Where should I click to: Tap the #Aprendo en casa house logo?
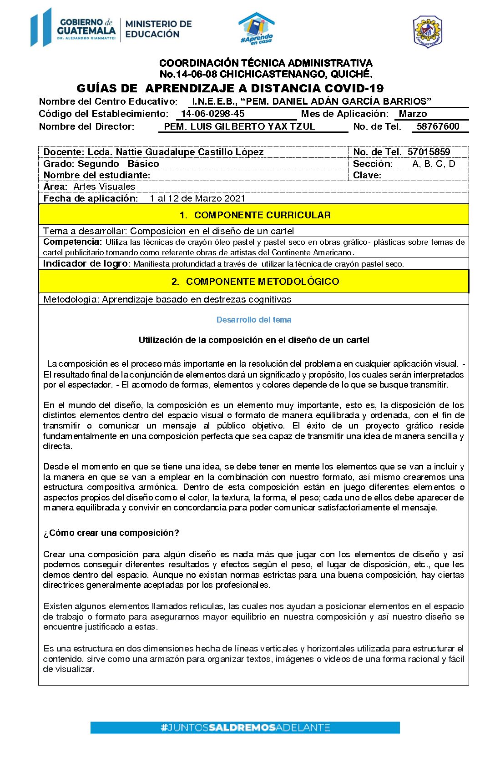257,29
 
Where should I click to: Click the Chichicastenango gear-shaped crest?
427,31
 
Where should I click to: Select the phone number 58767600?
438,126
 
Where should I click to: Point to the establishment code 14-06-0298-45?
212,114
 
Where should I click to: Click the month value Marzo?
413,114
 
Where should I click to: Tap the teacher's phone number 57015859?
429,152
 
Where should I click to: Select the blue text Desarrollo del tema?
254,320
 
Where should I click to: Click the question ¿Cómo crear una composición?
111,533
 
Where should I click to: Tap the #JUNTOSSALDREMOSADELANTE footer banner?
245,727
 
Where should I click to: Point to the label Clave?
367,175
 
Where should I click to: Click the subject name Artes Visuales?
104,187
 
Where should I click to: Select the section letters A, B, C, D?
433,164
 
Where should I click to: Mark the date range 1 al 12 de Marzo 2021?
197,198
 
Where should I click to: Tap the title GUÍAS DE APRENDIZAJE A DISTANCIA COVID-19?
230,88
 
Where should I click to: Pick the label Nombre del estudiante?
96,175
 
